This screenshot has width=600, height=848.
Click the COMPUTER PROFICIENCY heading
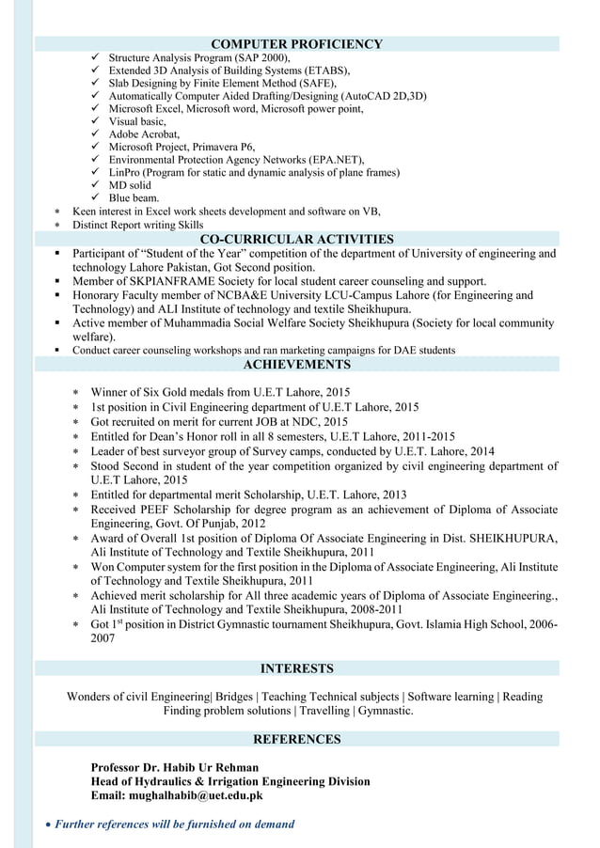pyautogui.click(x=296, y=44)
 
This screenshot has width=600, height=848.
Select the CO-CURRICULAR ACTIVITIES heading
pyautogui.click(x=296, y=240)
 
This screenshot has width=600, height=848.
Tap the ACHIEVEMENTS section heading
pyautogui.click(x=296, y=365)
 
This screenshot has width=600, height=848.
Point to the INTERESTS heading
pyautogui.click(x=296, y=669)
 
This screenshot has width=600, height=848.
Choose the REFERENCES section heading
pyautogui.click(x=296, y=740)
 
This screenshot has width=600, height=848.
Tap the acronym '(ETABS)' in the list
pyautogui.click(x=325, y=71)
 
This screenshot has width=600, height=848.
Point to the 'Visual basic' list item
pyautogui.click(x=137, y=122)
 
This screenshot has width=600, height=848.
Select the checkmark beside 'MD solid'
pyautogui.click(x=96, y=185)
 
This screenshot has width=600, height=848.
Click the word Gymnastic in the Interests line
pyautogui.click(x=385, y=711)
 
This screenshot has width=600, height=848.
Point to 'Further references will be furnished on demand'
pyautogui.click(x=174, y=824)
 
